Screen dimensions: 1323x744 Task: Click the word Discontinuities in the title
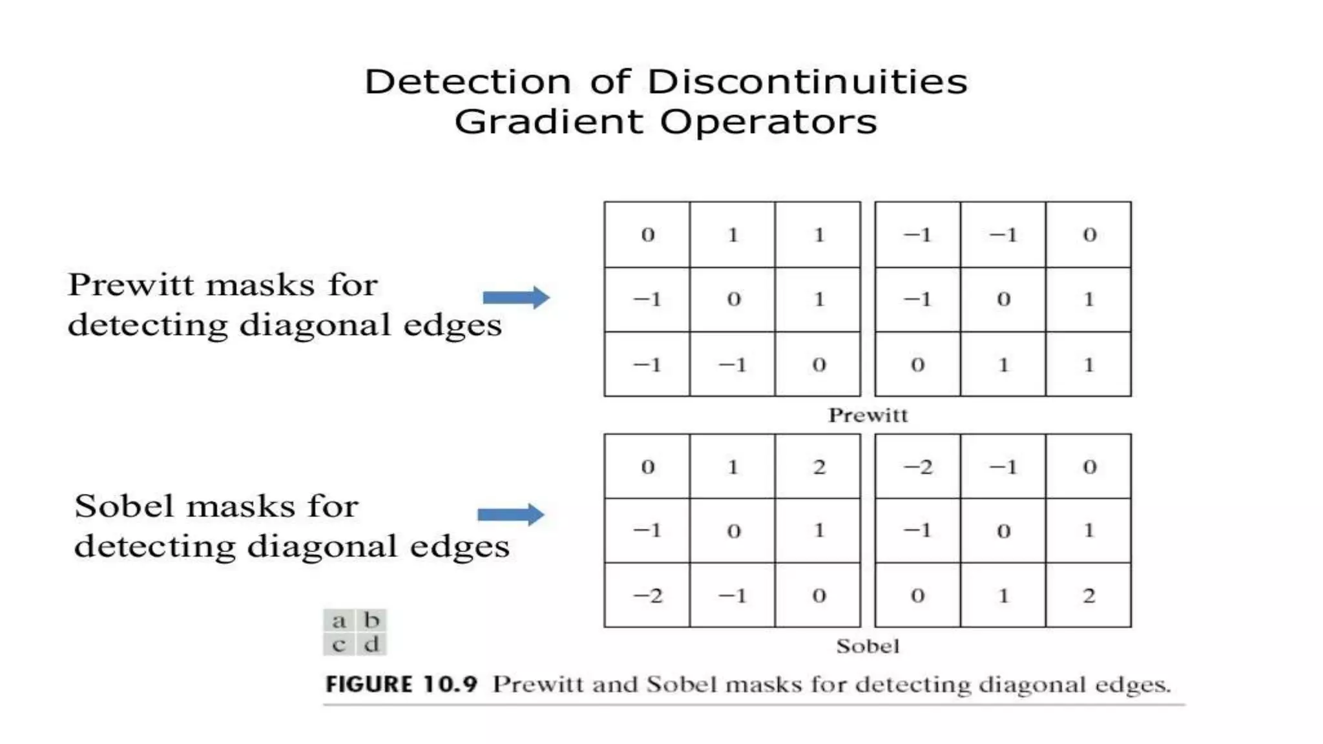pyautogui.click(x=807, y=82)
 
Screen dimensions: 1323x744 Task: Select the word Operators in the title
pyautogui.click(x=768, y=122)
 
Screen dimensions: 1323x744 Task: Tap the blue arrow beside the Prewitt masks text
pyautogui.click(x=516, y=297)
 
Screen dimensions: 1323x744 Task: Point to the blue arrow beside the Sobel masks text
pyautogui.click(x=511, y=515)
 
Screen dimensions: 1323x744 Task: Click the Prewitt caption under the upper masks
pyautogui.click(x=868, y=415)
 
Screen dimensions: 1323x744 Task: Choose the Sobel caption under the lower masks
pyautogui.click(x=868, y=646)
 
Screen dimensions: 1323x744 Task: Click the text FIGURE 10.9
pyautogui.click(x=401, y=685)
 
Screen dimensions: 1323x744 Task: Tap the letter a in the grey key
pyautogui.click(x=339, y=621)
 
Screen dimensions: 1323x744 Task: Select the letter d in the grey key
pyautogui.click(x=371, y=645)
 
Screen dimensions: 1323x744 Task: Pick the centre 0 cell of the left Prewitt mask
pyautogui.click(x=733, y=300)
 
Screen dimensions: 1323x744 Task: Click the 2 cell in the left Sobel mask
pyautogui.click(x=818, y=467)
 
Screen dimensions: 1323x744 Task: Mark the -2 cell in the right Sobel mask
pyautogui.click(x=917, y=467)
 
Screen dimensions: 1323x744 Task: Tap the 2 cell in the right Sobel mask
pyautogui.click(x=1089, y=595)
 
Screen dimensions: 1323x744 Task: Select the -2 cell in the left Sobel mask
pyautogui.click(x=647, y=595)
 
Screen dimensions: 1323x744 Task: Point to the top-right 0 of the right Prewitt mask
pyautogui.click(x=1089, y=234)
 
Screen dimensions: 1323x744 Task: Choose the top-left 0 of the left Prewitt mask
pyautogui.click(x=647, y=234)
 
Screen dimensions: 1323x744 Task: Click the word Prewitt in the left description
pyautogui.click(x=130, y=285)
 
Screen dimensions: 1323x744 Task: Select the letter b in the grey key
pyautogui.click(x=371, y=621)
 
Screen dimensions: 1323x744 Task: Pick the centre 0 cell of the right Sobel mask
pyautogui.click(x=1003, y=531)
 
